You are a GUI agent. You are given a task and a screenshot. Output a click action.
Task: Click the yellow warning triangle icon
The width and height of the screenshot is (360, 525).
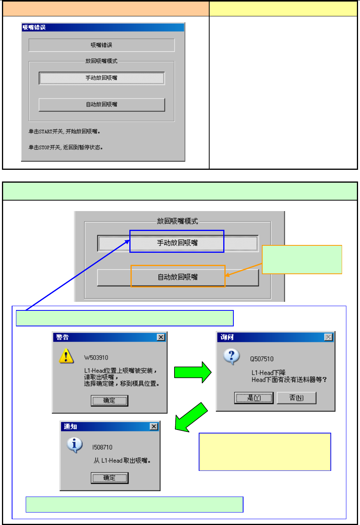pos(66,356)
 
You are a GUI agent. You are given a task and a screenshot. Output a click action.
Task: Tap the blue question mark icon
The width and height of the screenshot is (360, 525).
pos(231,356)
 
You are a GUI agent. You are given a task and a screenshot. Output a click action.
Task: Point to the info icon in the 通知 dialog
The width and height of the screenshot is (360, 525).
pos(74,445)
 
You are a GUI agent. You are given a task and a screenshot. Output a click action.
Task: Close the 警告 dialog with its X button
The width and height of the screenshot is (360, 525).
pos(161,337)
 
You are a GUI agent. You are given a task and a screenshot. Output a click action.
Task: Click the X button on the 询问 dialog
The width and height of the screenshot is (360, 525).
pos(328,337)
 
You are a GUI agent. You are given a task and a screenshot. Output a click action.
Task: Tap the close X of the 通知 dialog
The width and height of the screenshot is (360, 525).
pos(154,426)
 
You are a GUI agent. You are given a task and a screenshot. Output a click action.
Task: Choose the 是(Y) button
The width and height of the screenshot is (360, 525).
pos(254,398)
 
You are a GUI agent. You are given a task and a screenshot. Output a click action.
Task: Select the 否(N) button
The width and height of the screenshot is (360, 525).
pos(296,398)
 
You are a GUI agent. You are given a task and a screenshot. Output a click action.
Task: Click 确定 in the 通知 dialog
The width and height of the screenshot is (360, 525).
pos(109,478)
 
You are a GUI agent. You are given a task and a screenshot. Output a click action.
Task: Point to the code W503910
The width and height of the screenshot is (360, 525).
pos(96,358)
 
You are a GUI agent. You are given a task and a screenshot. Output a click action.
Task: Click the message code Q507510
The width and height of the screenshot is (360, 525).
pos(262,359)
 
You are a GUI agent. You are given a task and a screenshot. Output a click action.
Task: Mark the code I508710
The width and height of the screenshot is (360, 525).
pos(102,447)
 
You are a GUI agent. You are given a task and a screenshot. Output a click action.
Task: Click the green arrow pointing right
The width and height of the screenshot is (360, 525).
pos(192,372)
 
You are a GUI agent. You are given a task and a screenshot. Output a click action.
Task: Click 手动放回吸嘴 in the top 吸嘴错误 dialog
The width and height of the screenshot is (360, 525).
pos(102,78)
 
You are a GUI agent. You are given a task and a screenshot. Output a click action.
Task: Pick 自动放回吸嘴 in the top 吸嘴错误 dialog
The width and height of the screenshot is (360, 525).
pos(102,104)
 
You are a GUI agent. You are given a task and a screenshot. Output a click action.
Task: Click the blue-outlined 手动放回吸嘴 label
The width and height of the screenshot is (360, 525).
pos(177,243)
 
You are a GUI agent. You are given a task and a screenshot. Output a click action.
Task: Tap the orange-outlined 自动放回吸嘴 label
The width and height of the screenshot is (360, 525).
pos(178,277)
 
